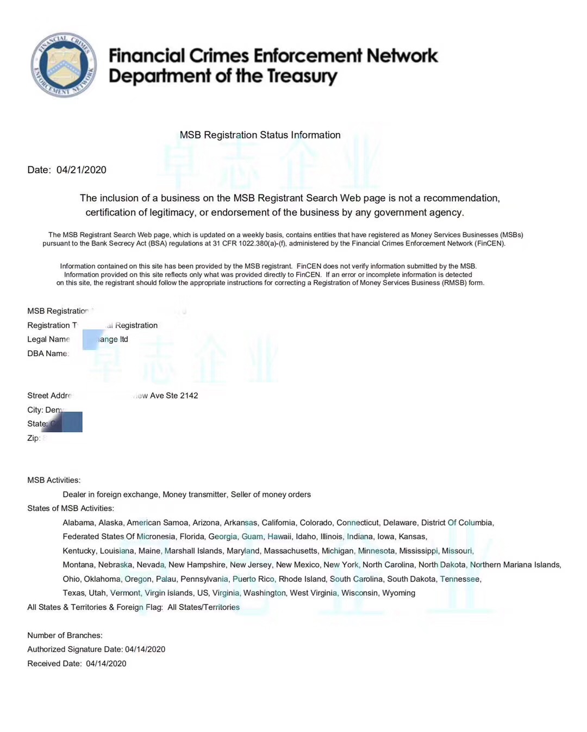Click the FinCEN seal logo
point(64,65)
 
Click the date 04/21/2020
point(82,170)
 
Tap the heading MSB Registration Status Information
point(260,135)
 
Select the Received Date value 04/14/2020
point(106,664)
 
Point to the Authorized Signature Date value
point(145,649)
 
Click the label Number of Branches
point(65,635)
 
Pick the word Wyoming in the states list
point(398,593)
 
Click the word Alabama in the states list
point(78,522)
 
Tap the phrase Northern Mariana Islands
point(515,565)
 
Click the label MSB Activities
point(54,480)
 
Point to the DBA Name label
point(47,354)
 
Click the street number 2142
point(189,395)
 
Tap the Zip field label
point(34,438)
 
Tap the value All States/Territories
point(203,607)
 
